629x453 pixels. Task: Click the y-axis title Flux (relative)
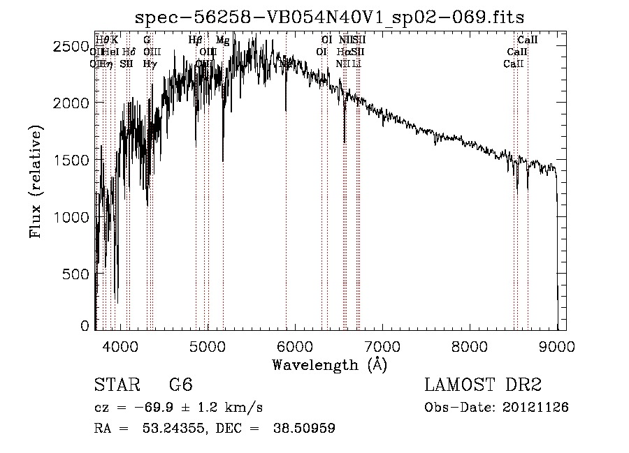coord(36,181)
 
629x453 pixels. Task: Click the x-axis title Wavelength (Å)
coord(329,364)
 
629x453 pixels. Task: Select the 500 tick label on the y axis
coord(76,274)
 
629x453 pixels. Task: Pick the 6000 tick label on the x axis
coord(295,346)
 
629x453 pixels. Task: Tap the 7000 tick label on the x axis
coord(382,346)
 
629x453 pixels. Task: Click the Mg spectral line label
coord(222,40)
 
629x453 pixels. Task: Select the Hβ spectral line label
coord(196,40)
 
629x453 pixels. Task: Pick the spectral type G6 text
coord(180,385)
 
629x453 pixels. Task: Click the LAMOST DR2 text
coord(483,385)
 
